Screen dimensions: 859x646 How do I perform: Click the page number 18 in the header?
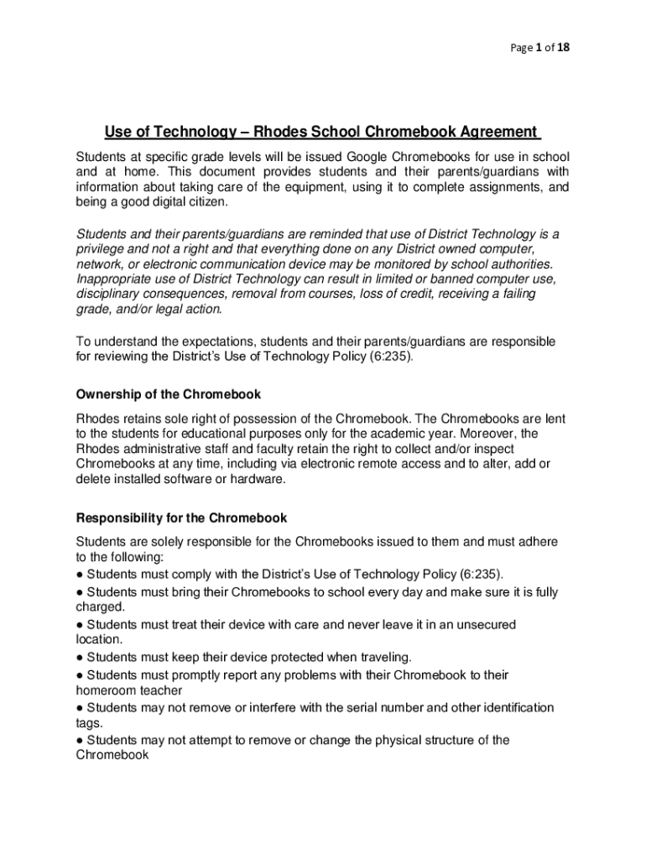coord(563,48)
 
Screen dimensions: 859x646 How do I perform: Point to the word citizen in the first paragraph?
coord(205,203)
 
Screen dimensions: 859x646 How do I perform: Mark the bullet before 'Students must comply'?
coord(80,575)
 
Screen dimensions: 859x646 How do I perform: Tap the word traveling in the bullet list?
coord(382,657)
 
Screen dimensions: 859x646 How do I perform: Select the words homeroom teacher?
coord(128,690)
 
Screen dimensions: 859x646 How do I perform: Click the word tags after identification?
coord(89,723)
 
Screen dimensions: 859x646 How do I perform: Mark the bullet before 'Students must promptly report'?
coord(80,674)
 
